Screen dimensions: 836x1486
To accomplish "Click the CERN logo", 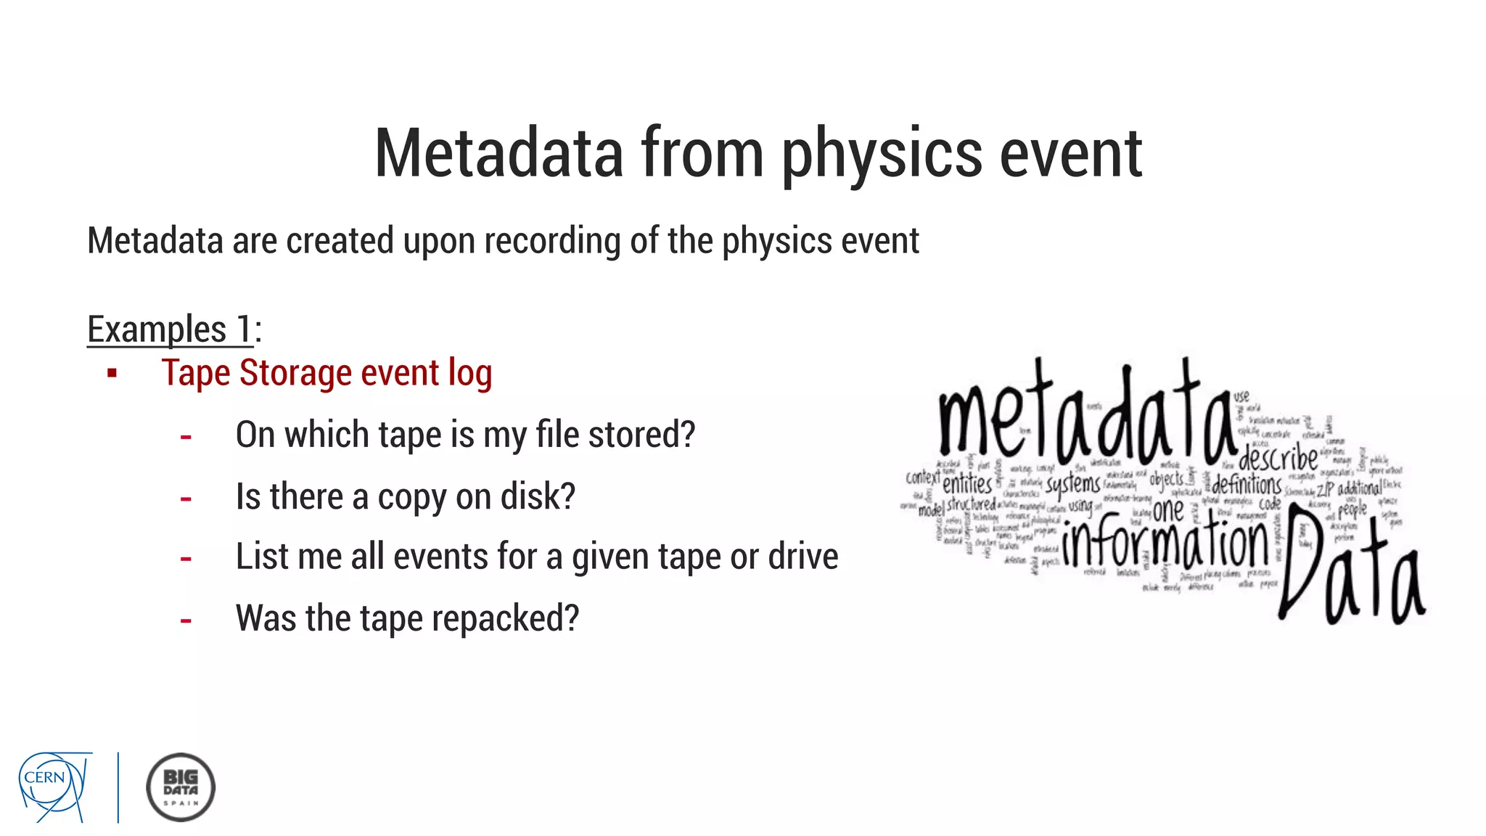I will point(55,787).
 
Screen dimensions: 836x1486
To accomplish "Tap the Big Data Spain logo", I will point(181,787).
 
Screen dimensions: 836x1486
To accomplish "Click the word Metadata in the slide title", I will point(498,153).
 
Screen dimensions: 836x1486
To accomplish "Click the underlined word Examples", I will point(157,329).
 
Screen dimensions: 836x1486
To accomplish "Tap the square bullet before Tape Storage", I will point(112,374).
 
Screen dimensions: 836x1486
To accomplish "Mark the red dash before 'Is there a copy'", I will point(186,499).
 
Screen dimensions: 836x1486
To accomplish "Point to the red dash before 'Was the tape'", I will point(186,620).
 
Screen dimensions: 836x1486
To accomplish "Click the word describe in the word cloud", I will point(1278,458).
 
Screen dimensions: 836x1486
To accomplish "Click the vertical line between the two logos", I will point(118,787).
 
